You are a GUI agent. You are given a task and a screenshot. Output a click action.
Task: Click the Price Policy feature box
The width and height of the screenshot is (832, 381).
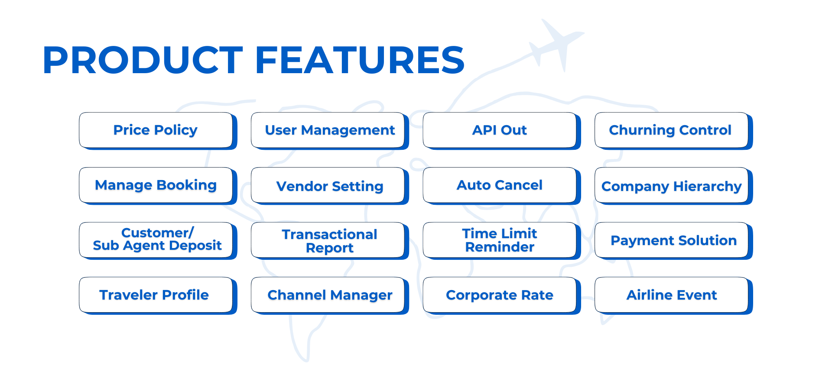click(x=158, y=131)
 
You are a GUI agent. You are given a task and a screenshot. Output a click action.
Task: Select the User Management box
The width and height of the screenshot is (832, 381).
click(x=330, y=131)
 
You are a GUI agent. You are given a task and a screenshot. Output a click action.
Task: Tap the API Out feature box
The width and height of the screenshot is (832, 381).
click(x=501, y=131)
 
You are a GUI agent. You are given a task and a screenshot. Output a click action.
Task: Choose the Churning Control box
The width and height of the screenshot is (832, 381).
click(x=673, y=131)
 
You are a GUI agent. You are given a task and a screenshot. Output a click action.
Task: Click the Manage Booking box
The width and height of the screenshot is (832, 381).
click(x=158, y=186)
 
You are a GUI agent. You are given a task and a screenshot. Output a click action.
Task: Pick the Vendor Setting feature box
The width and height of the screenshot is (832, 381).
click(x=330, y=186)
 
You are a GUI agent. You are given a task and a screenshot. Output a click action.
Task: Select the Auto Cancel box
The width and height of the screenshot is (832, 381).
click(x=501, y=186)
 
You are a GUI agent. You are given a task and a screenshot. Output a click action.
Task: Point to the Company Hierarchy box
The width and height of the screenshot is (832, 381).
click(x=673, y=186)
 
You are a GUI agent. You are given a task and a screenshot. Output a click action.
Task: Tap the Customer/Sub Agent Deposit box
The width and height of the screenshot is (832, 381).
click(x=158, y=241)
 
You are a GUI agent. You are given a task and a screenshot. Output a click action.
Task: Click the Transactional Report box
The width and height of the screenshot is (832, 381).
click(x=330, y=241)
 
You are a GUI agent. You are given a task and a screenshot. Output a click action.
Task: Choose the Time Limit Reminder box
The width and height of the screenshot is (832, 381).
click(x=501, y=241)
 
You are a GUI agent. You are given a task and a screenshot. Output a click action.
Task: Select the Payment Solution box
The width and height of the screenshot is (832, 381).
click(x=673, y=241)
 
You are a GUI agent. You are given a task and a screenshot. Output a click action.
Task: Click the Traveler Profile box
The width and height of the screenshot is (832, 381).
click(x=158, y=296)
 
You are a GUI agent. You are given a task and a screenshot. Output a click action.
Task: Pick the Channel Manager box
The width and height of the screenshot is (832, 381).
click(x=330, y=296)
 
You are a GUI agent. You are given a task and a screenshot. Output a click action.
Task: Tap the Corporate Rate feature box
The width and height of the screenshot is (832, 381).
click(x=501, y=296)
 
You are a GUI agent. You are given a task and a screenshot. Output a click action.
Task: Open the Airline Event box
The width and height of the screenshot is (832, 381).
click(x=673, y=296)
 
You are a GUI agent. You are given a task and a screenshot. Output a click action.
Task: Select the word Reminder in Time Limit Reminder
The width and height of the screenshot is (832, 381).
click(x=500, y=247)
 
